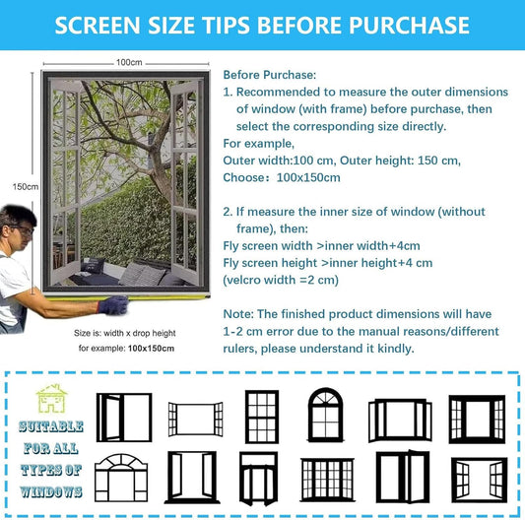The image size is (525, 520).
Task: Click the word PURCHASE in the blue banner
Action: pyautogui.click(x=409, y=26)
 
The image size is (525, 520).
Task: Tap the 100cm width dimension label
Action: pyautogui.click(x=129, y=62)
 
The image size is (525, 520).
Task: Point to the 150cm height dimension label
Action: pyautogui.click(x=26, y=186)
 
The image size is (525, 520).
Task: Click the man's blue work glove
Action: pyautogui.click(x=113, y=304)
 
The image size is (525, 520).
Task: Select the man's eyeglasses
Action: pyautogui.click(x=23, y=229)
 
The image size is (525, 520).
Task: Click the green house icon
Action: pyautogui.click(x=51, y=399)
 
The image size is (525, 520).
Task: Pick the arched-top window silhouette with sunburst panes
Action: pyautogui.click(x=325, y=415)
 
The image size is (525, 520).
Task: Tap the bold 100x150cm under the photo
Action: pyautogui.click(x=151, y=349)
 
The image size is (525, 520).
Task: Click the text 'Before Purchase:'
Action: pyautogui.click(x=270, y=75)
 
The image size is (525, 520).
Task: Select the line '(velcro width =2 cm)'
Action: pyautogui.click(x=281, y=280)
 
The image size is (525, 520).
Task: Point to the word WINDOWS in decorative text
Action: pyautogui.click(x=51, y=491)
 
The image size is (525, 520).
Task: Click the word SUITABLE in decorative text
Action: pyautogui.click(x=51, y=426)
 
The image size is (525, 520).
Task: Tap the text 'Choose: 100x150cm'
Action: pyautogui.click(x=282, y=177)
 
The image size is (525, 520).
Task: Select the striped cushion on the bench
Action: pyautogui.click(x=142, y=274)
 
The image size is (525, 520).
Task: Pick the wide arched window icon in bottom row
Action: pyautogui.click(x=121, y=478)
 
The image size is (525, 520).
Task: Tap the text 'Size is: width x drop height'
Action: pyautogui.click(x=124, y=333)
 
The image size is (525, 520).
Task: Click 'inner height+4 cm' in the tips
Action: pyautogui.click(x=378, y=263)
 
